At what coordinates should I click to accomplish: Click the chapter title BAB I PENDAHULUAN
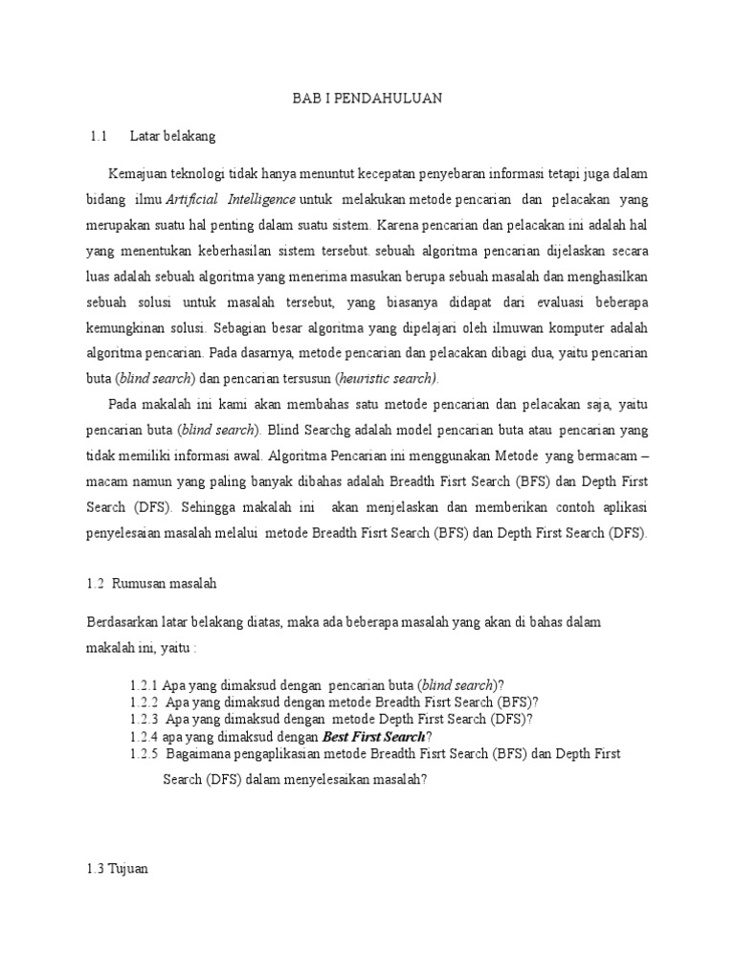pyautogui.click(x=367, y=99)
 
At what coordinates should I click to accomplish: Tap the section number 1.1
pyautogui.click(x=97, y=136)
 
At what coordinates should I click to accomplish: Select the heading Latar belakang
pyautogui.click(x=173, y=136)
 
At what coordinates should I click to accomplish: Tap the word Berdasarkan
pyautogui.click(x=121, y=622)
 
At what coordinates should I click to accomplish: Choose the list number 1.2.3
pyautogui.click(x=145, y=719)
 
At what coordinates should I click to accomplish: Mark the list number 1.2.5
pyautogui.click(x=145, y=753)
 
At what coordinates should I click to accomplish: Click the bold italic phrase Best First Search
pyautogui.click(x=374, y=736)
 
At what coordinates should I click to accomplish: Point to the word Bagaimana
pyautogui.click(x=204, y=753)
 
